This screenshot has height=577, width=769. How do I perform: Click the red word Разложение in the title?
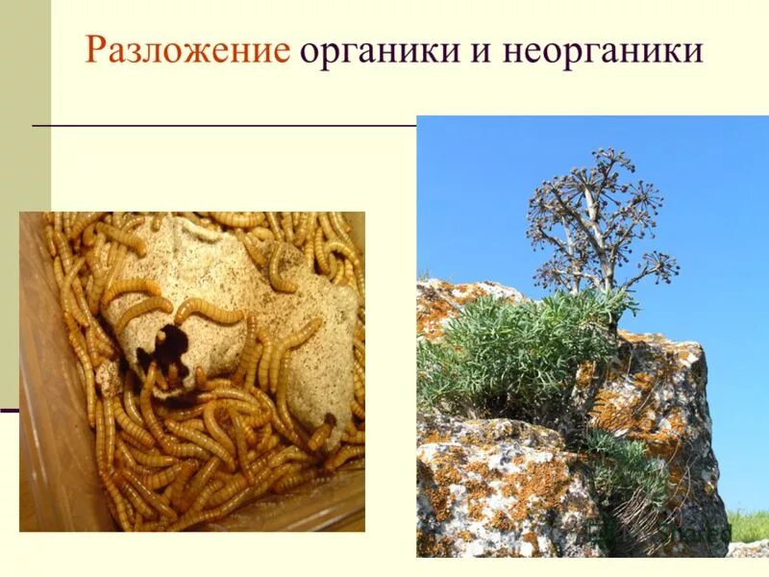tap(186, 51)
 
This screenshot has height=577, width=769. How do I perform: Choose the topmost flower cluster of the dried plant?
tap(606, 159)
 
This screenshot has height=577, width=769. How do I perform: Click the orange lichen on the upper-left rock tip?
tap(437, 298)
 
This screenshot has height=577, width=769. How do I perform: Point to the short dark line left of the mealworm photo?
tap(9, 411)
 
